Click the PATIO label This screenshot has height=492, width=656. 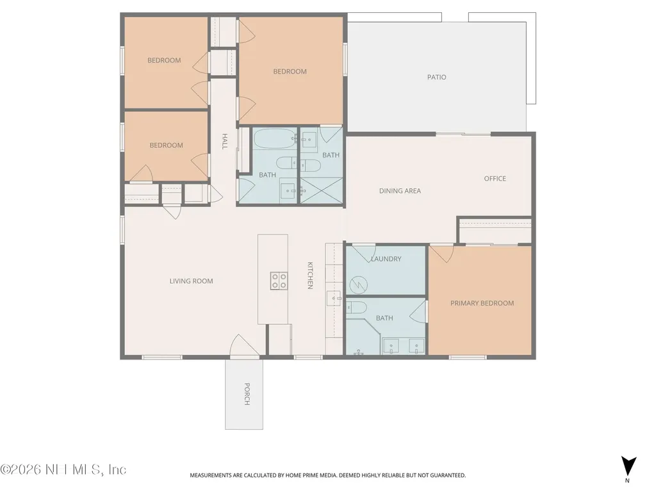click(x=436, y=78)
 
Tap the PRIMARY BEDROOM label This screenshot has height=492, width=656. click(x=482, y=303)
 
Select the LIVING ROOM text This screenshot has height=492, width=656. click(x=191, y=281)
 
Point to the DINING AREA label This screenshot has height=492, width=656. click(x=400, y=191)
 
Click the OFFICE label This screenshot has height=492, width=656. click(x=495, y=179)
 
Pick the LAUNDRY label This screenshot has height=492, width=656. click(x=386, y=259)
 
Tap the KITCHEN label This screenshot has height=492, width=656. click(x=310, y=275)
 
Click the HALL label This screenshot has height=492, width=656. click(x=225, y=142)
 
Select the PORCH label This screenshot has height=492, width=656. click(x=247, y=394)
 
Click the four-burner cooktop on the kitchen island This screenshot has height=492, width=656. click(x=279, y=281)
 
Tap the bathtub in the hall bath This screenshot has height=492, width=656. click(x=275, y=138)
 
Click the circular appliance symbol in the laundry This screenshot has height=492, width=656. click(x=359, y=286)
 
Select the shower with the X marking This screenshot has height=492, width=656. click(x=322, y=191)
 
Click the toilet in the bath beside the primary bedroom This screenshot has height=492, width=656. click(x=356, y=307)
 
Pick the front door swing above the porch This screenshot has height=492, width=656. click(x=245, y=346)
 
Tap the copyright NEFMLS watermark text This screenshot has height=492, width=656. click(x=63, y=470)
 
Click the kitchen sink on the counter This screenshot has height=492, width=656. click(x=333, y=299)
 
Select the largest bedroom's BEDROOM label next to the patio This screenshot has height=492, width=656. click(x=290, y=72)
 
